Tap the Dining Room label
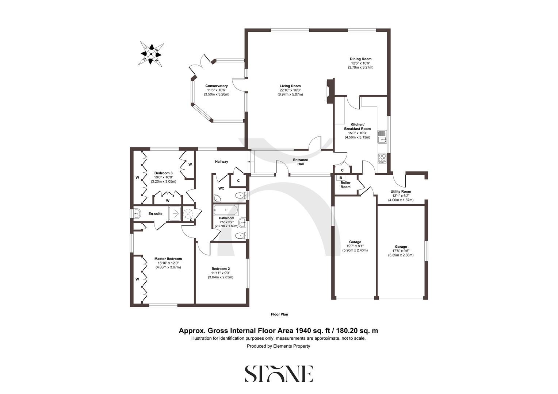tap(360, 59)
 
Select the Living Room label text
tap(290, 86)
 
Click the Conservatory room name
tap(216, 86)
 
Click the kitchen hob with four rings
tap(382, 158)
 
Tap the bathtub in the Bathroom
tap(226, 210)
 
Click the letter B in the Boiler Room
tap(341, 178)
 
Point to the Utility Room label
tap(401, 192)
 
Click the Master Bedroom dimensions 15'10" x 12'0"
tap(168, 263)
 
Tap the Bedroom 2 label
tap(220, 269)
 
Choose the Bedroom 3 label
tap(163, 173)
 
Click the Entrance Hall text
tap(301, 162)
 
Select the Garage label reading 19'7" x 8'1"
tap(355, 246)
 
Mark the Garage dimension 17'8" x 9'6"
tap(401, 251)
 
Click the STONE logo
tap(279, 373)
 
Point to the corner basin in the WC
tap(217, 198)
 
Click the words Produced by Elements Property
tap(278, 346)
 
